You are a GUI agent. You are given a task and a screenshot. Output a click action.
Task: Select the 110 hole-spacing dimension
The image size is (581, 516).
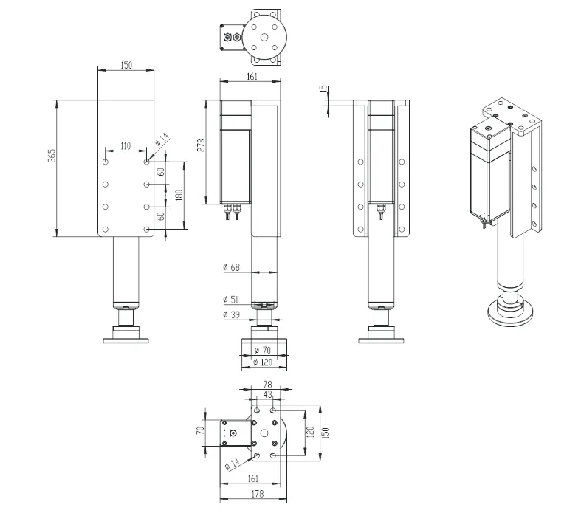[x=126, y=146]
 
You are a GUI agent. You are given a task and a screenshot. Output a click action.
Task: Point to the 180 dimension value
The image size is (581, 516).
[x=178, y=196]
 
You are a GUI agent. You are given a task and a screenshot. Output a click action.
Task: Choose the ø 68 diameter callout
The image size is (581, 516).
[x=231, y=266]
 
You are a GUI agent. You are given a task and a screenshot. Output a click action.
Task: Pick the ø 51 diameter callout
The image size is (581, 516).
[x=231, y=300]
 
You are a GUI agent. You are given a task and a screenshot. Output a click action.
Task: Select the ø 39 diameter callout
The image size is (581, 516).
[x=231, y=315]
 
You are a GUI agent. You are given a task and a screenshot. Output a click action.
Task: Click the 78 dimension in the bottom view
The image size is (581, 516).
[x=267, y=385]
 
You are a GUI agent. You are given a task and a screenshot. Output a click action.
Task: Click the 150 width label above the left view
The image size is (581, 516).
[x=126, y=66]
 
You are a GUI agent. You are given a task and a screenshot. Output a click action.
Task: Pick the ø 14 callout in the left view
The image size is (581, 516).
[x=162, y=138]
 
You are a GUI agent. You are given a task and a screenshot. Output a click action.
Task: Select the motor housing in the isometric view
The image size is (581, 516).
[x=489, y=173]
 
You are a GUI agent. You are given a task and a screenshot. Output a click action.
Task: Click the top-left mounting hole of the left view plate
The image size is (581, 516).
[x=106, y=161]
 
